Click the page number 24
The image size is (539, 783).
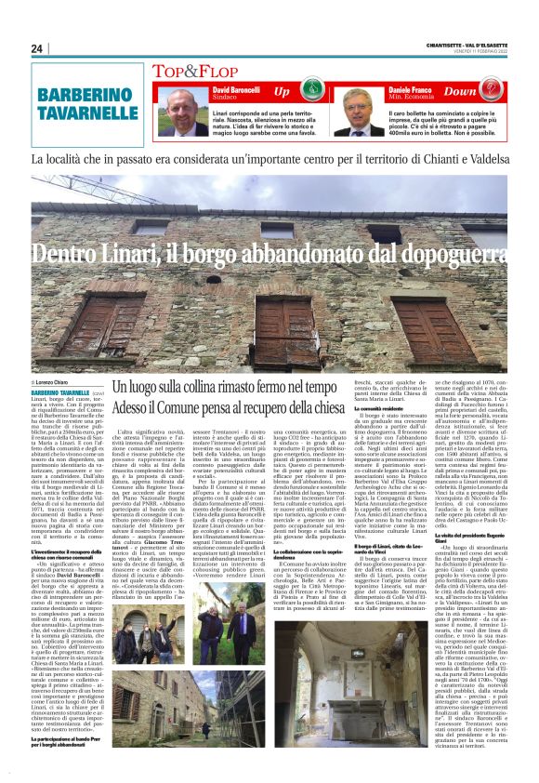pyautogui.click(x=37, y=48)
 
